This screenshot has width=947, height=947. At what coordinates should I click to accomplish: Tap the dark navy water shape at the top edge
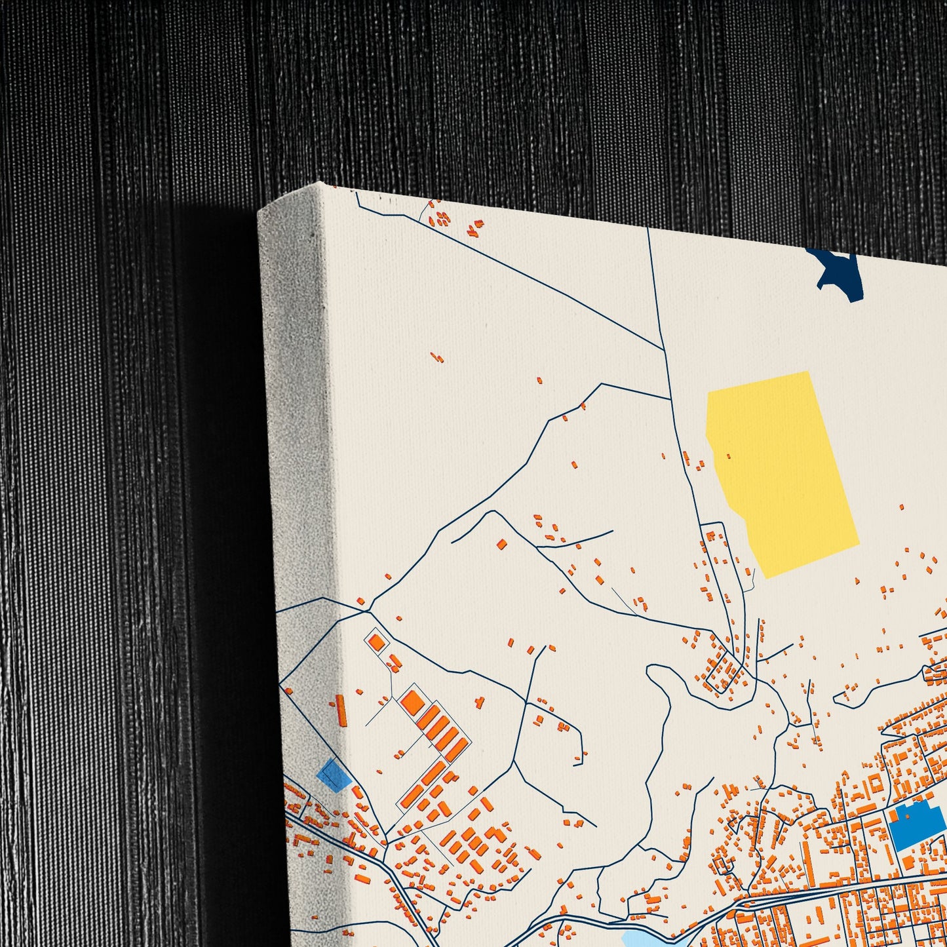836,272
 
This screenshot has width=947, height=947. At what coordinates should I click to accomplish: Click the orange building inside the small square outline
376,642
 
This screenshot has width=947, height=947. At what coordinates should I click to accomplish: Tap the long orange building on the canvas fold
341,710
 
